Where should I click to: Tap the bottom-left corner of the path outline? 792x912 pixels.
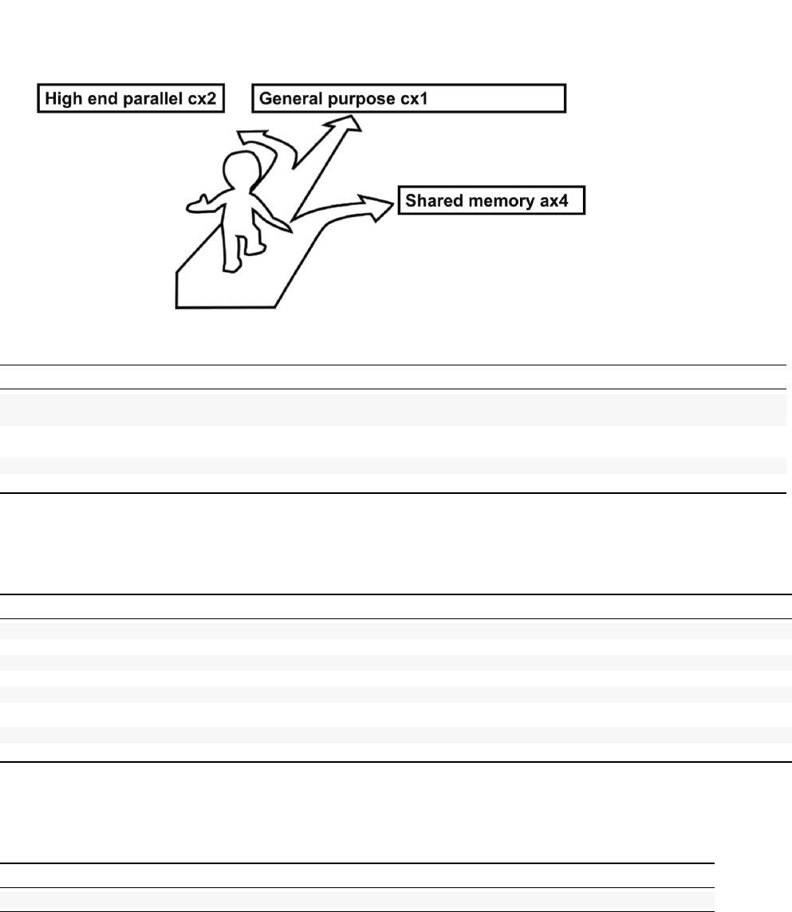pyautogui.click(x=177, y=306)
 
